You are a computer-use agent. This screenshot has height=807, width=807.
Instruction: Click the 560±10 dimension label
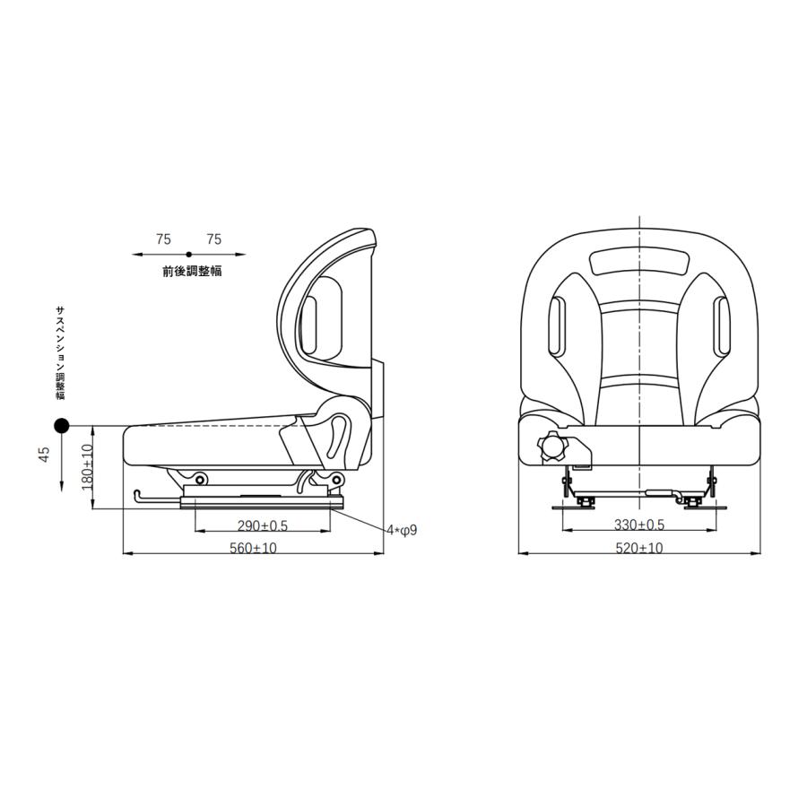click(253, 548)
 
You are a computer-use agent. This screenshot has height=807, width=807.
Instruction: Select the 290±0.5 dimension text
click(263, 525)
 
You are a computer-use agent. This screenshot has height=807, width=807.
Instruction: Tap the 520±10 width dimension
click(639, 548)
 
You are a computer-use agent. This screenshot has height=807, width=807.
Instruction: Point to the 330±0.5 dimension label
click(639, 525)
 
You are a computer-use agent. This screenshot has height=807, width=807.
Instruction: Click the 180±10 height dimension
click(88, 467)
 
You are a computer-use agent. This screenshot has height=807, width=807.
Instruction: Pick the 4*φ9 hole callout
click(403, 530)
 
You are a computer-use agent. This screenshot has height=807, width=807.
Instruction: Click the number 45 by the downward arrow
click(45, 455)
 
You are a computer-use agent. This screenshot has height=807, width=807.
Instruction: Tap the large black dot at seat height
click(62, 425)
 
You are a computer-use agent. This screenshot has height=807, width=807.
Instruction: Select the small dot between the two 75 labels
click(189, 255)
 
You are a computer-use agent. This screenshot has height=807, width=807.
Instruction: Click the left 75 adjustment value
click(164, 239)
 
